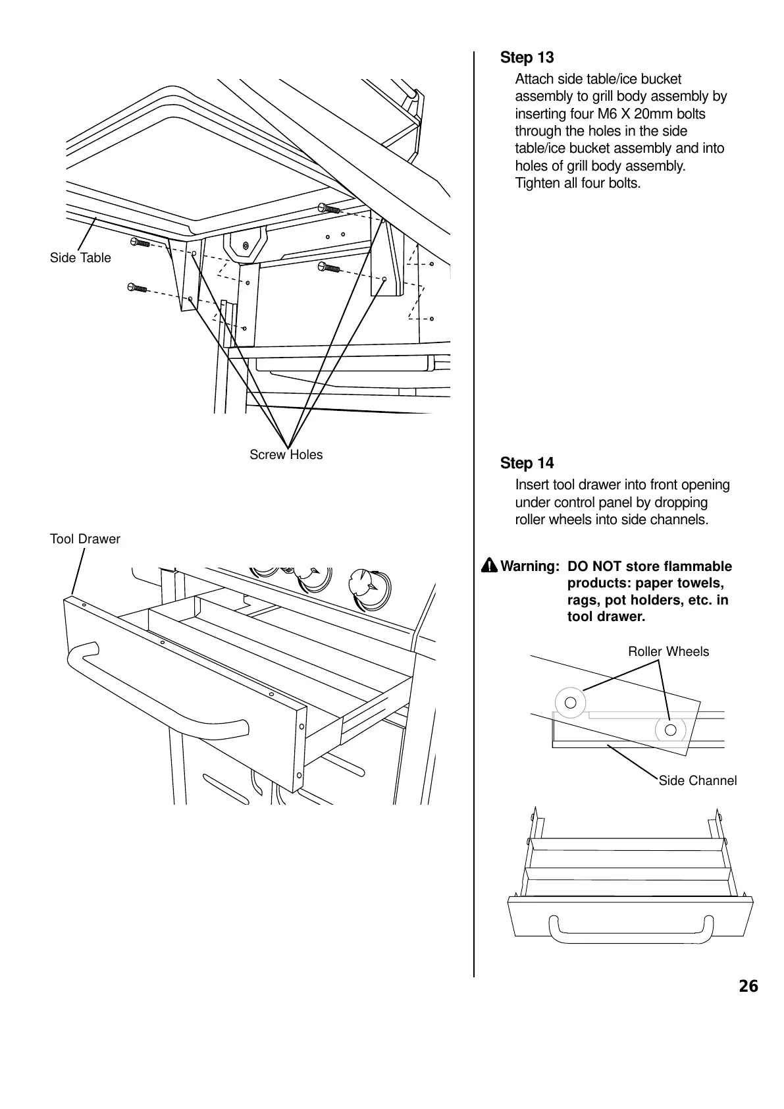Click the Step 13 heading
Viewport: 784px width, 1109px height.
coord(527,58)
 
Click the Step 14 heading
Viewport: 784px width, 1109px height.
coord(527,464)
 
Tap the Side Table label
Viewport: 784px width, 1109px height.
coord(80,258)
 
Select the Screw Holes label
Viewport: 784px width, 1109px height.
coord(286,455)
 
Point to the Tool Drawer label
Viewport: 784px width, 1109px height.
coord(85,539)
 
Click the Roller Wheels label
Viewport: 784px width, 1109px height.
coord(668,652)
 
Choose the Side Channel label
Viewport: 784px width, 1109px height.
coord(697,781)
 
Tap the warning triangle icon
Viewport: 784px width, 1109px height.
coord(489,566)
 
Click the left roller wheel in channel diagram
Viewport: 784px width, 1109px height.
coord(571,702)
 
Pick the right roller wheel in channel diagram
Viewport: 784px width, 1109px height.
coord(670,730)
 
